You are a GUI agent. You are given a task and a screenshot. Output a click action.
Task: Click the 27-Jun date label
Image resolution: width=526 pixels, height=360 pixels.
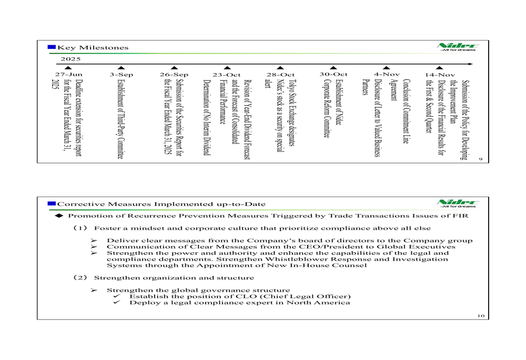point(65,75)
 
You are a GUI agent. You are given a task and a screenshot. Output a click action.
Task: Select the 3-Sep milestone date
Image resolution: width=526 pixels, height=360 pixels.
point(120,75)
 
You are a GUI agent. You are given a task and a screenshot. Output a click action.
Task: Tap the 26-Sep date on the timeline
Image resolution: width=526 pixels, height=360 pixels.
point(174,75)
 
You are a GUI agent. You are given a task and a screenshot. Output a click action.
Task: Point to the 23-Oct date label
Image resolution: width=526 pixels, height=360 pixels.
point(227,75)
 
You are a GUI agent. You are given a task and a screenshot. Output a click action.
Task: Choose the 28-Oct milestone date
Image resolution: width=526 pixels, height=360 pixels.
point(280,75)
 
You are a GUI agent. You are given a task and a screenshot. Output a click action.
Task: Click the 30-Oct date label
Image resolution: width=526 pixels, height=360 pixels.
point(333,75)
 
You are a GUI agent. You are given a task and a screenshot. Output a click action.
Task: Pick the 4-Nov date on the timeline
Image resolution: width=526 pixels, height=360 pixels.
point(386,75)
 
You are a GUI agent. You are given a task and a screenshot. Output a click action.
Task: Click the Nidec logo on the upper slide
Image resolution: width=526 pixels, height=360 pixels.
point(457,47)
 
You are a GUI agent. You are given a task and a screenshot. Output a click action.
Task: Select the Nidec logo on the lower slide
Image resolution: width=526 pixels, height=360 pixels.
point(457,203)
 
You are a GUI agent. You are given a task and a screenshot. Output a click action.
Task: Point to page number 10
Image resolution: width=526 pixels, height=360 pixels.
point(480,315)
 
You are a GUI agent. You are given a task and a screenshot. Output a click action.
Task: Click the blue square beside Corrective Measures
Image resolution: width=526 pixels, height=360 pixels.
point(52,203)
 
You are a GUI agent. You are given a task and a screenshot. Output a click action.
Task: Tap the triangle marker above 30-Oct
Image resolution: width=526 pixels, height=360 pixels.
point(333,67)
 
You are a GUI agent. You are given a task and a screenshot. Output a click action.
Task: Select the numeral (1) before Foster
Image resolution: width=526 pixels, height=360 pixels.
point(80,228)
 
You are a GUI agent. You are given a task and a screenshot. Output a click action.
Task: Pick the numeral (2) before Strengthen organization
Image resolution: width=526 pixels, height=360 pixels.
point(80,277)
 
